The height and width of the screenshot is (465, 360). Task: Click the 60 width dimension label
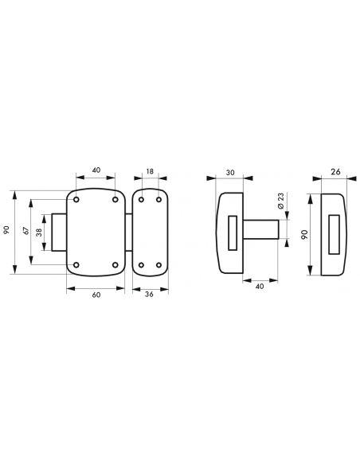coord(96,295)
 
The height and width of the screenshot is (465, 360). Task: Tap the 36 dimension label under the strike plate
coord(150,294)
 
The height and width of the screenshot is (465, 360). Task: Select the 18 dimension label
coord(150,171)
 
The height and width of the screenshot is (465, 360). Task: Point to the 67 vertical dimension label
coord(26,231)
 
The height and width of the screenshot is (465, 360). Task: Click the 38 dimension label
coord(39,232)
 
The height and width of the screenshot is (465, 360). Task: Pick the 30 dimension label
coord(230,172)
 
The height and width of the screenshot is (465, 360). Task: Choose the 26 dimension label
coord(335,172)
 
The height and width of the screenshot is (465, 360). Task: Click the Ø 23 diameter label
coord(281,201)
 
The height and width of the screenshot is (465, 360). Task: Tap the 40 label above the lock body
coord(96,170)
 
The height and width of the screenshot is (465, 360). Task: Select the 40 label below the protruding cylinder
coord(260,287)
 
